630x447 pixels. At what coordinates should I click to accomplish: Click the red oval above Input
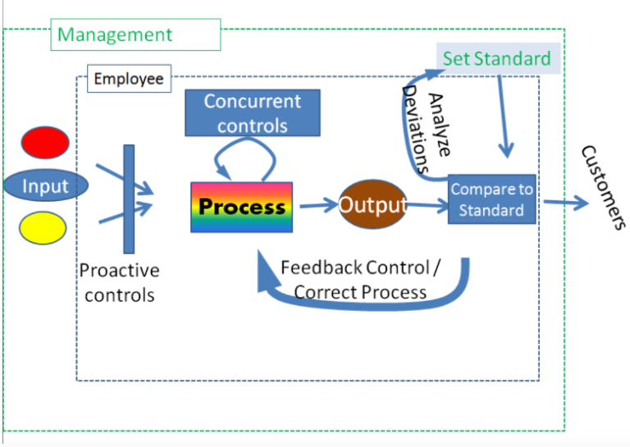coord(45,143)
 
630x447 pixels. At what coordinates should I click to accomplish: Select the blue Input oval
coord(45,185)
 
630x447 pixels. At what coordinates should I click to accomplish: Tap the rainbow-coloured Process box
coord(242,207)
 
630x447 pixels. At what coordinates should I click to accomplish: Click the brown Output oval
coord(373,204)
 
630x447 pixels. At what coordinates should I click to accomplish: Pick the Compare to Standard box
coord(491,199)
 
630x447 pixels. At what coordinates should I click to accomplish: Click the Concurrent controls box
coord(253,113)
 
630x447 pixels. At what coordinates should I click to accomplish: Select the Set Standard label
coord(497,58)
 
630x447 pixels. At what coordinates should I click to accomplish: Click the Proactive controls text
coord(120,282)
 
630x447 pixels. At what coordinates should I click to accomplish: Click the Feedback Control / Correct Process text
coord(361,280)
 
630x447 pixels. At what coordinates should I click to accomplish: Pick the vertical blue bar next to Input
coord(129,198)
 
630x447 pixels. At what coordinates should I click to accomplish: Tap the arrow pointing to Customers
coord(565,202)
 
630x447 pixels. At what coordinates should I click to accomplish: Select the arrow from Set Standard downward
coord(502,115)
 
